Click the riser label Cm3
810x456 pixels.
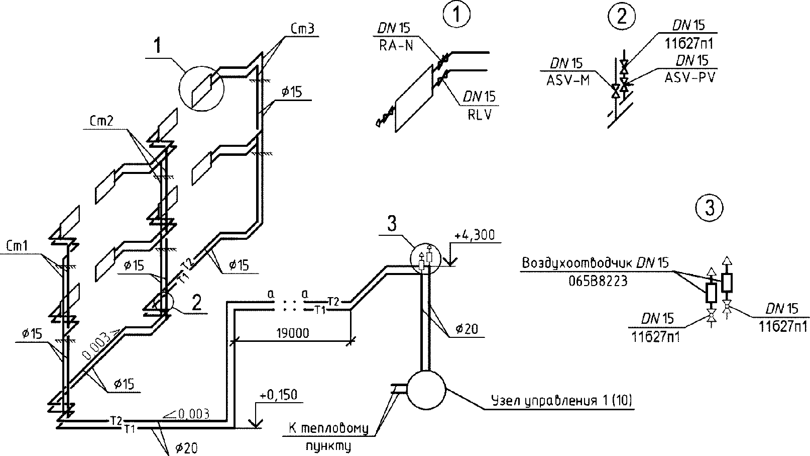point(302,29)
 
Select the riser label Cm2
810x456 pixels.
point(101,121)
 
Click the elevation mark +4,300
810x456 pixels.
point(475,235)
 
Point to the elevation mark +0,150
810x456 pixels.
point(278,395)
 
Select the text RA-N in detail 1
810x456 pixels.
point(396,46)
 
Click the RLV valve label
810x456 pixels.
point(480,115)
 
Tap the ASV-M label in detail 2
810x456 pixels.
point(568,80)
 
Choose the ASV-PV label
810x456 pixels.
point(690,77)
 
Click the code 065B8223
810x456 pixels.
point(598,281)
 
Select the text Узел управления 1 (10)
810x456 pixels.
point(561,401)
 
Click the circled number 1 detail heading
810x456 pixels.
point(456,15)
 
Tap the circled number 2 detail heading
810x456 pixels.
point(622,17)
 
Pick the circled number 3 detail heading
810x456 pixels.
point(710,208)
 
